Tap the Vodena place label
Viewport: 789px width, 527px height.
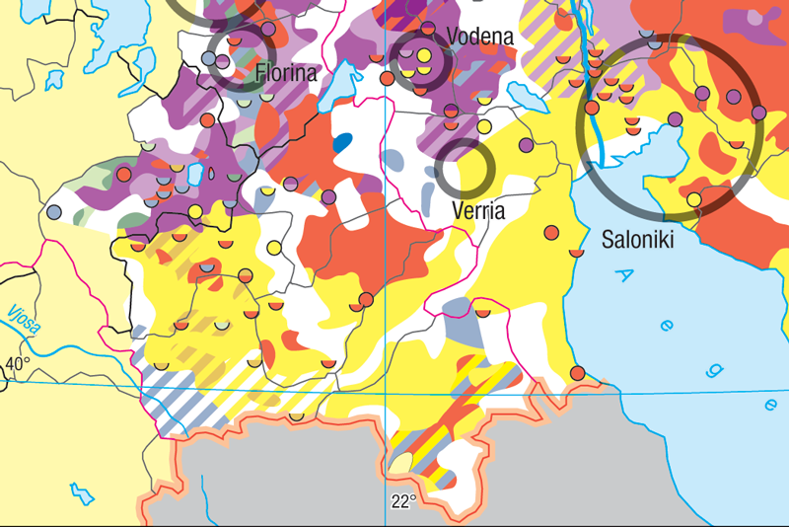[480, 37]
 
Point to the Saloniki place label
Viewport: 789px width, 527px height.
[637, 239]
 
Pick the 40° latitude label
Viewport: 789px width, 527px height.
[17, 365]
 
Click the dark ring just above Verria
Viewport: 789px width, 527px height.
[465, 169]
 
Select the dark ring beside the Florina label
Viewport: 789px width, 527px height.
[236, 59]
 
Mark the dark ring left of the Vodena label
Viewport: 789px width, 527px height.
[418, 59]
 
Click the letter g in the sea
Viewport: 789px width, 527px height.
[715, 369]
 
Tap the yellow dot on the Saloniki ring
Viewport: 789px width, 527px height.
[694, 200]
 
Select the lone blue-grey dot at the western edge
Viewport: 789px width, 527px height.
[54, 211]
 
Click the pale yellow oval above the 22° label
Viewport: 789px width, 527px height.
[401, 460]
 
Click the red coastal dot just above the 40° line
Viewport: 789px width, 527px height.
[579, 372]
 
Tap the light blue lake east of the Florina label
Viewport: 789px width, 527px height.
[342, 85]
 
